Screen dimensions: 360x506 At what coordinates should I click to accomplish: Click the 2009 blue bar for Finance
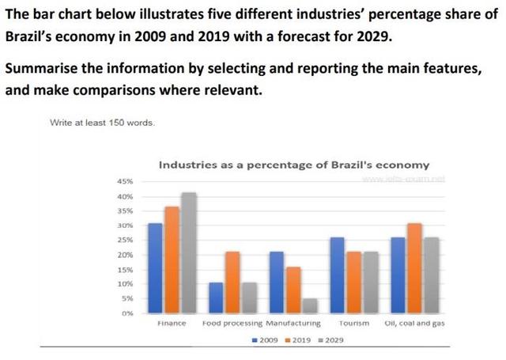(x=156, y=268)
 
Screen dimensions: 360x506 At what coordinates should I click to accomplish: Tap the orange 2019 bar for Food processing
(x=232, y=282)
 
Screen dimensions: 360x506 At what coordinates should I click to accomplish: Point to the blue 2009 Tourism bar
(x=338, y=275)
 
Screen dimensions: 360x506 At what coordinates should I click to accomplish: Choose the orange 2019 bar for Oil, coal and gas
(x=415, y=268)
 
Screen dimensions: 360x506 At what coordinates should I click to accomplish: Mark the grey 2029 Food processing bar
(x=248, y=297)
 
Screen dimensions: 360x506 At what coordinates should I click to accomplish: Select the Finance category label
(x=171, y=324)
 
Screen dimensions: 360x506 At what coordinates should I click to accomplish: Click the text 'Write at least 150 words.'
(x=103, y=123)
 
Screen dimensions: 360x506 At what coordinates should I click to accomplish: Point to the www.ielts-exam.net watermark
(x=404, y=179)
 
